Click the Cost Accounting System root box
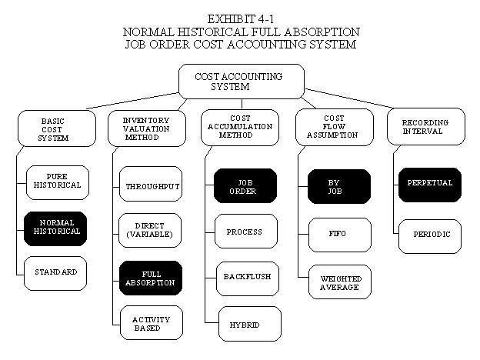[x=242, y=82]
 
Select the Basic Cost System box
[x=57, y=128]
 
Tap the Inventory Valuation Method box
[x=147, y=128]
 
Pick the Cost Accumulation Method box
[x=240, y=128]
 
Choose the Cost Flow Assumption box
[x=335, y=128]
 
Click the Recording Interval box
[x=426, y=126]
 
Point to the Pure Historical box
[x=58, y=183]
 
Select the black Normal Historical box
[x=55, y=228]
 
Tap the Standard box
[x=55, y=273]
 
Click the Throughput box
[x=151, y=184]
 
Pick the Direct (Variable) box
[x=150, y=231]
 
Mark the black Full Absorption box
[x=151, y=278]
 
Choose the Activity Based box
[x=152, y=322]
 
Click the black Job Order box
[x=245, y=186]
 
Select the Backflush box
[x=248, y=279]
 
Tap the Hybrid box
[x=250, y=324]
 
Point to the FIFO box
[x=340, y=235]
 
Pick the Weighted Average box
[x=340, y=282]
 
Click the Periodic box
[x=430, y=236]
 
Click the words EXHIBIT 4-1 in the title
[x=241, y=19]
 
